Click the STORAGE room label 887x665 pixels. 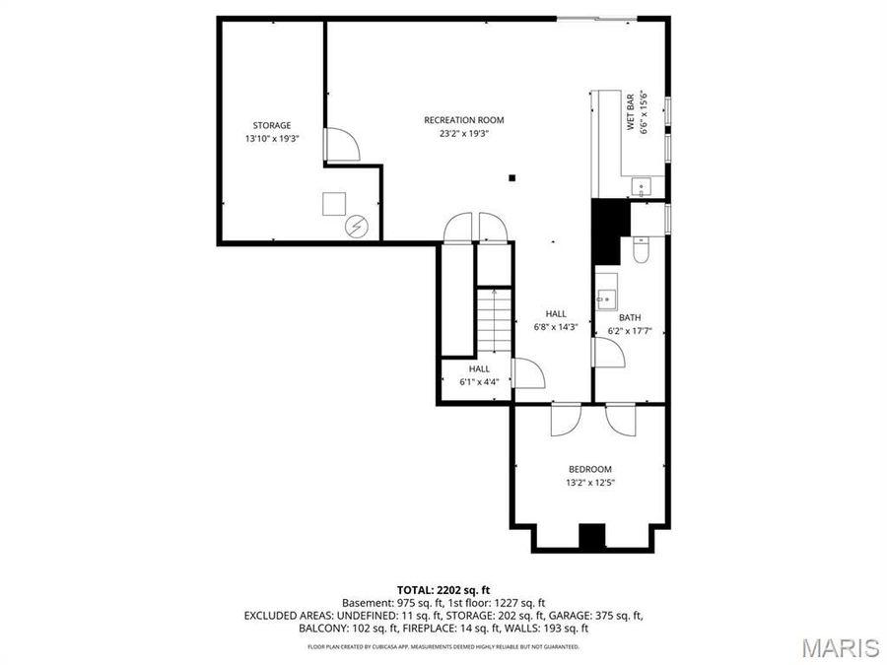tap(271, 125)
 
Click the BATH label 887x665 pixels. tap(630, 317)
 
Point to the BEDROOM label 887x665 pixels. tap(589, 469)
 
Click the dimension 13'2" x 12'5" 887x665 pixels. tap(589, 483)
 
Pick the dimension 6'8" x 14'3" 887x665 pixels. tap(556, 327)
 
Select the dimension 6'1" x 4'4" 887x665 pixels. tap(479, 382)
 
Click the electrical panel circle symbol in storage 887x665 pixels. tap(355, 228)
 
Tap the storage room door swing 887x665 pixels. tap(342, 147)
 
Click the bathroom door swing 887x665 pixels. tap(608, 353)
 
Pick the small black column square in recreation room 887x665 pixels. tap(512, 178)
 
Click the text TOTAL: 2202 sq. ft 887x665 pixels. tap(443, 588)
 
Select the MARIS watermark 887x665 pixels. tap(840, 647)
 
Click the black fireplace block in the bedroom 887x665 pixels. tap(591, 537)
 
